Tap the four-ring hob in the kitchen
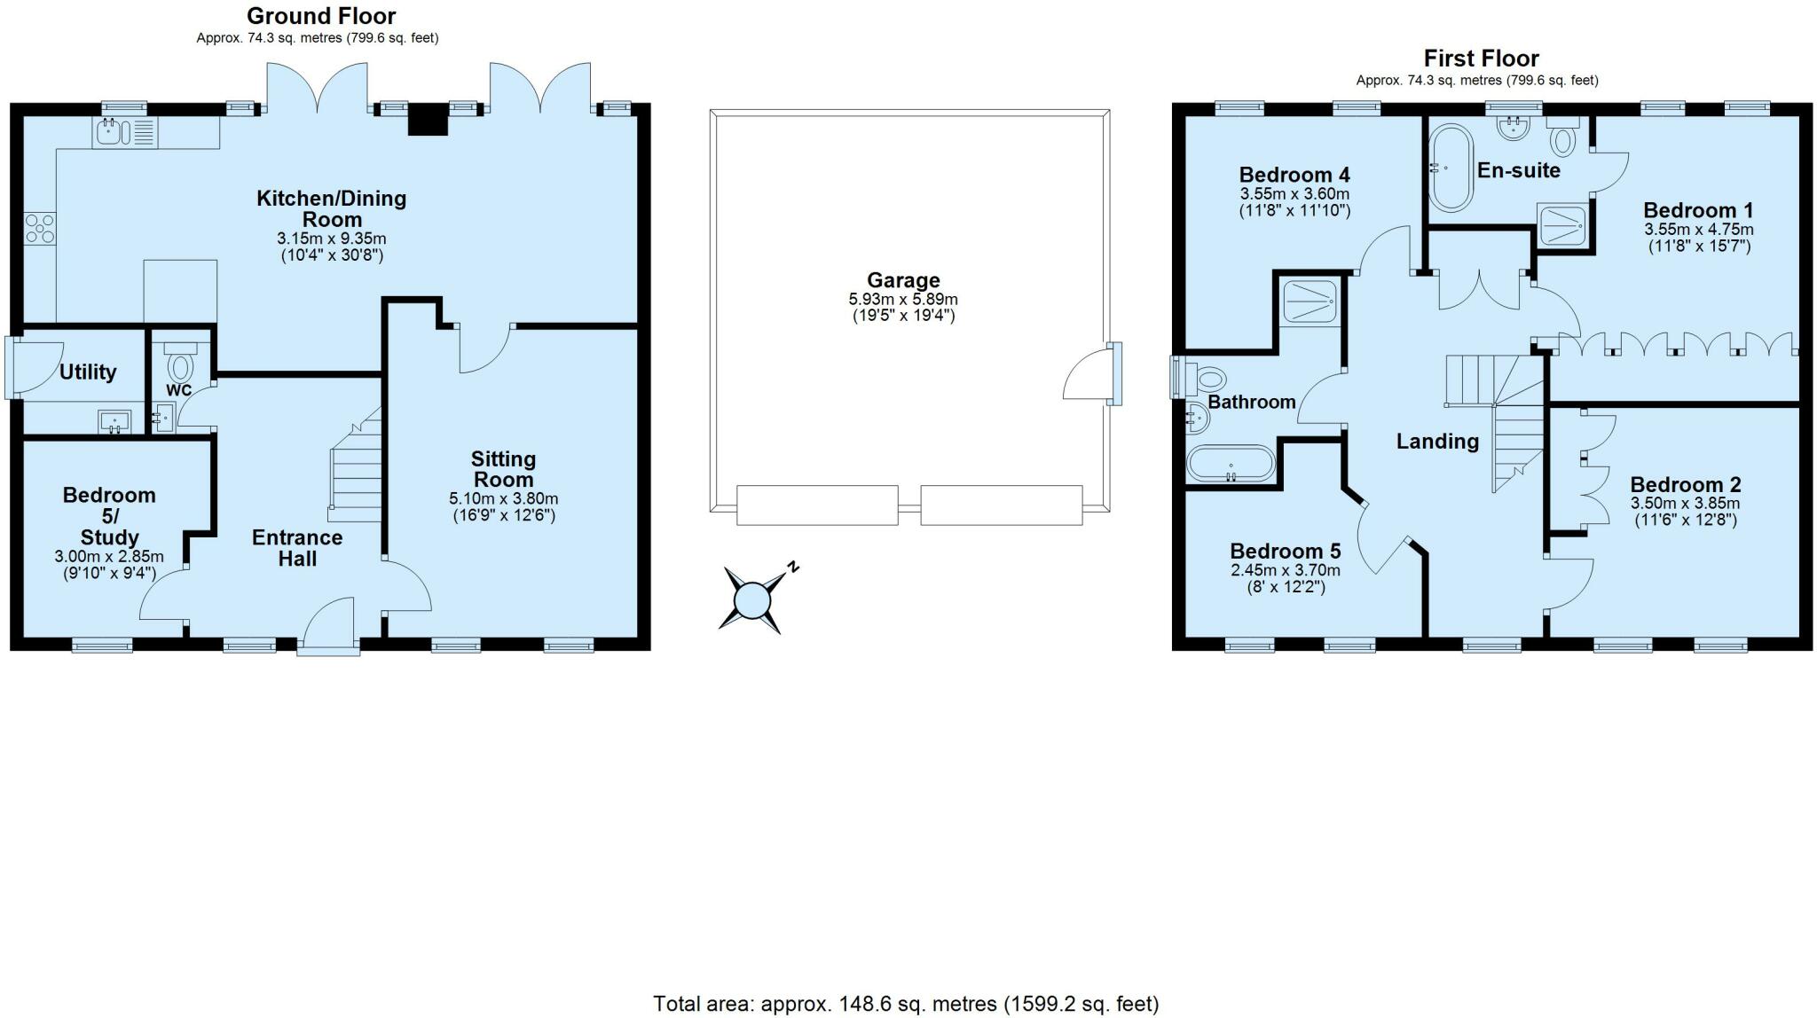pos(40,229)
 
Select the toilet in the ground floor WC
pos(181,361)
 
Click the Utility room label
pos(88,372)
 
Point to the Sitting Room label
pos(503,469)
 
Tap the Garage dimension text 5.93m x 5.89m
pos(903,300)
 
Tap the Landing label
pos(1437,441)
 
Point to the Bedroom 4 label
pos(1294,174)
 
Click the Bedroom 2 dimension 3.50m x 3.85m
pos(1686,504)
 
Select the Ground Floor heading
pos(321,16)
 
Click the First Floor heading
pos(1482,59)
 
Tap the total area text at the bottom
pos(906,1004)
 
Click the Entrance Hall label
pos(297,548)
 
